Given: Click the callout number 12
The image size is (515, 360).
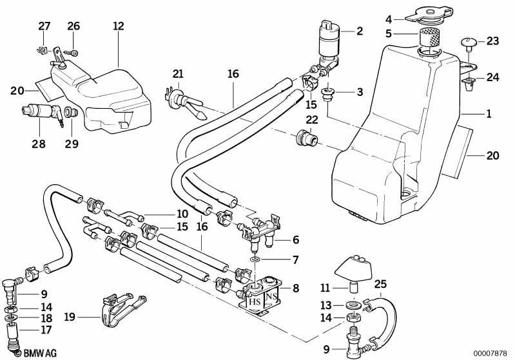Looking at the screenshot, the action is click(118, 26).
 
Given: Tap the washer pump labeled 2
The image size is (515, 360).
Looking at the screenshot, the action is click(329, 42).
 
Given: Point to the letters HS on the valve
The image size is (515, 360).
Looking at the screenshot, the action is click(255, 301).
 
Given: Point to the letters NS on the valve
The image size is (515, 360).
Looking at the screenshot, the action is click(271, 297).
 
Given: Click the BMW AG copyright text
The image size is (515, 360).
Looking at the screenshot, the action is click(36, 353).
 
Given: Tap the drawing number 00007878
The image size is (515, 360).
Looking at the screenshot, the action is click(490, 354).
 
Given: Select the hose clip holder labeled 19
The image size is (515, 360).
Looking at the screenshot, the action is click(123, 311).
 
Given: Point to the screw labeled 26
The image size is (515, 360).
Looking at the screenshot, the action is click(72, 52).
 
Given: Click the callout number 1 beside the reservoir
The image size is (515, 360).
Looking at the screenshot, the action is click(489, 114).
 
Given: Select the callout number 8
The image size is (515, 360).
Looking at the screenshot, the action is click(296, 288).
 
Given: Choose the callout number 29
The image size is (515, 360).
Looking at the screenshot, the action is click(72, 144).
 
